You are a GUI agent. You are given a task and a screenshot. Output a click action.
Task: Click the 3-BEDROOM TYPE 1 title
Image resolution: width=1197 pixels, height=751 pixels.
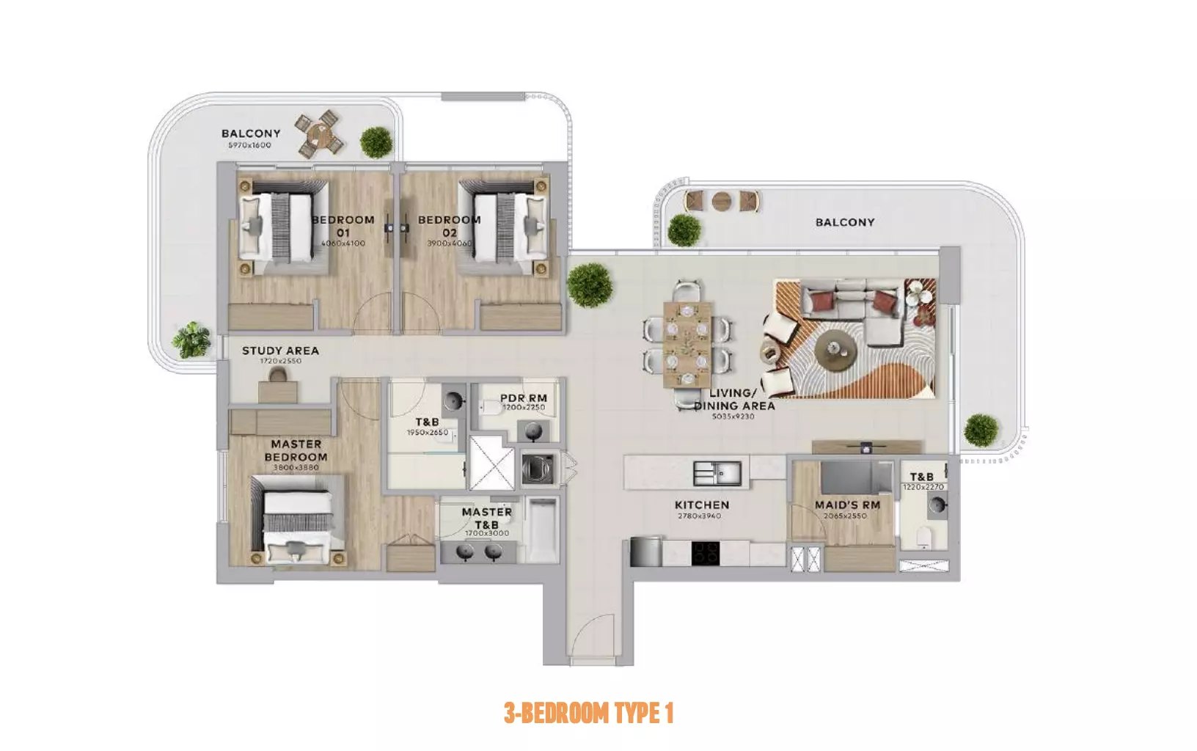[588, 713]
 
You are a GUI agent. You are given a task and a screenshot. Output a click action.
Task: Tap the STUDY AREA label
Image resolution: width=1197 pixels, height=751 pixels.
[280, 351]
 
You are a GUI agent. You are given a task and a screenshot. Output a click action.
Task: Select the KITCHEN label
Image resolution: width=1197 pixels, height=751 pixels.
[702, 505]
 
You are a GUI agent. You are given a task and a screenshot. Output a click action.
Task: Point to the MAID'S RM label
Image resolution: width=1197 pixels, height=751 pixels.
[847, 505]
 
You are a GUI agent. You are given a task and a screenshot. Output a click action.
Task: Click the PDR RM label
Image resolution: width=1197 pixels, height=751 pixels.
[524, 398]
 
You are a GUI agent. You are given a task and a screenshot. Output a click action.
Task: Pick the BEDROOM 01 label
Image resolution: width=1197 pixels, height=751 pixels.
[343, 226]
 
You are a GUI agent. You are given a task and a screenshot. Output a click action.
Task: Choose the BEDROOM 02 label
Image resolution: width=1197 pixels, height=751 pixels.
[450, 226]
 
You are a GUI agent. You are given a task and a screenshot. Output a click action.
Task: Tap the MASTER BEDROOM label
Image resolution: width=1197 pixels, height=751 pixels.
[296, 450]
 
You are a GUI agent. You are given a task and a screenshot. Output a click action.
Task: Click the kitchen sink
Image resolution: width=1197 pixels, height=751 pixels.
[717, 474]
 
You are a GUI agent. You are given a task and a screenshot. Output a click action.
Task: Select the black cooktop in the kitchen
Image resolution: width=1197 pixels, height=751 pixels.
[706, 553]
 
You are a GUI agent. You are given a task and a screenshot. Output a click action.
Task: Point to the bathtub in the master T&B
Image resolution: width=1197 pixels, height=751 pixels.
[542, 530]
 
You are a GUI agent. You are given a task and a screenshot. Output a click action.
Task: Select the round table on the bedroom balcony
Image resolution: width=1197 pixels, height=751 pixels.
[320, 134]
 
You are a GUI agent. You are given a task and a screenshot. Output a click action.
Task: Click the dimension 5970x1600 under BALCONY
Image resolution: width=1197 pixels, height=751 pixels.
[249, 145]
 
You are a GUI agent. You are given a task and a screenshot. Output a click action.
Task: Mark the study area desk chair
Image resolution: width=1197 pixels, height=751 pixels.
[278, 375]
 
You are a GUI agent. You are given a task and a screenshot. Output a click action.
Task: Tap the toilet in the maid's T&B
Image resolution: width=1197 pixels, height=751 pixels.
[924, 538]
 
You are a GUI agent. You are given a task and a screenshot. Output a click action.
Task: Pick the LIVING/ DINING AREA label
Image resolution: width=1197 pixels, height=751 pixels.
[734, 400]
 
